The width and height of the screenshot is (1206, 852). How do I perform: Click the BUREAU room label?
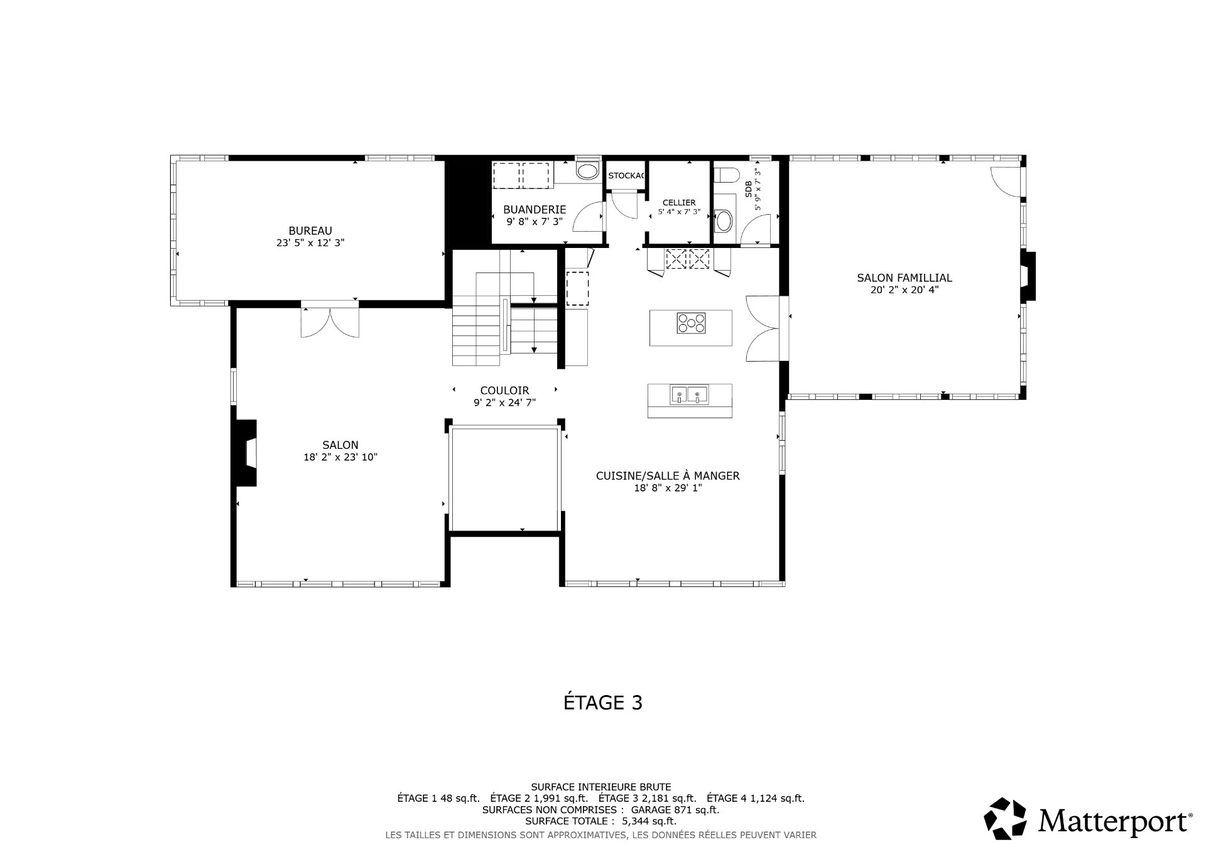(x=310, y=231)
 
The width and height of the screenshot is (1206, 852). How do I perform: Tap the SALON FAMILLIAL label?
(x=905, y=278)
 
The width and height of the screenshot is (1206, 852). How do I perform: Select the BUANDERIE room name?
(x=535, y=210)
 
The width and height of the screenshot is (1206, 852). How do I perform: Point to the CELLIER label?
(x=679, y=203)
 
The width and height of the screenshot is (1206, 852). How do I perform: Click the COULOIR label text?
(x=504, y=391)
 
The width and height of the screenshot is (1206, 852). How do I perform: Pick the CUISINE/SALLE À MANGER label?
(x=668, y=476)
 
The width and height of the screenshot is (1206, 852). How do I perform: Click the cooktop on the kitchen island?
(x=691, y=323)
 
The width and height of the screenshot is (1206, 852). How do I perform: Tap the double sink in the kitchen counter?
(x=690, y=396)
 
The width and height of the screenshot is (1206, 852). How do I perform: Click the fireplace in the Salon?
(x=246, y=452)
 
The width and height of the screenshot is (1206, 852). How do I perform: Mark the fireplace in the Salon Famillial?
(x=1028, y=276)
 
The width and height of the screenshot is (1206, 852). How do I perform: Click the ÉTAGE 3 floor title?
(x=603, y=702)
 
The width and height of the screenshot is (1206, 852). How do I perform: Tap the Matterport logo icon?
(x=1005, y=818)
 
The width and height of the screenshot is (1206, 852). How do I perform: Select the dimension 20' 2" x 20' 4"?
(x=905, y=290)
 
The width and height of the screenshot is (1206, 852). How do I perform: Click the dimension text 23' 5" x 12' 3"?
(x=310, y=243)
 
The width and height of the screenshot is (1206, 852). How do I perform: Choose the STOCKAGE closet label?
(x=626, y=176)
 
